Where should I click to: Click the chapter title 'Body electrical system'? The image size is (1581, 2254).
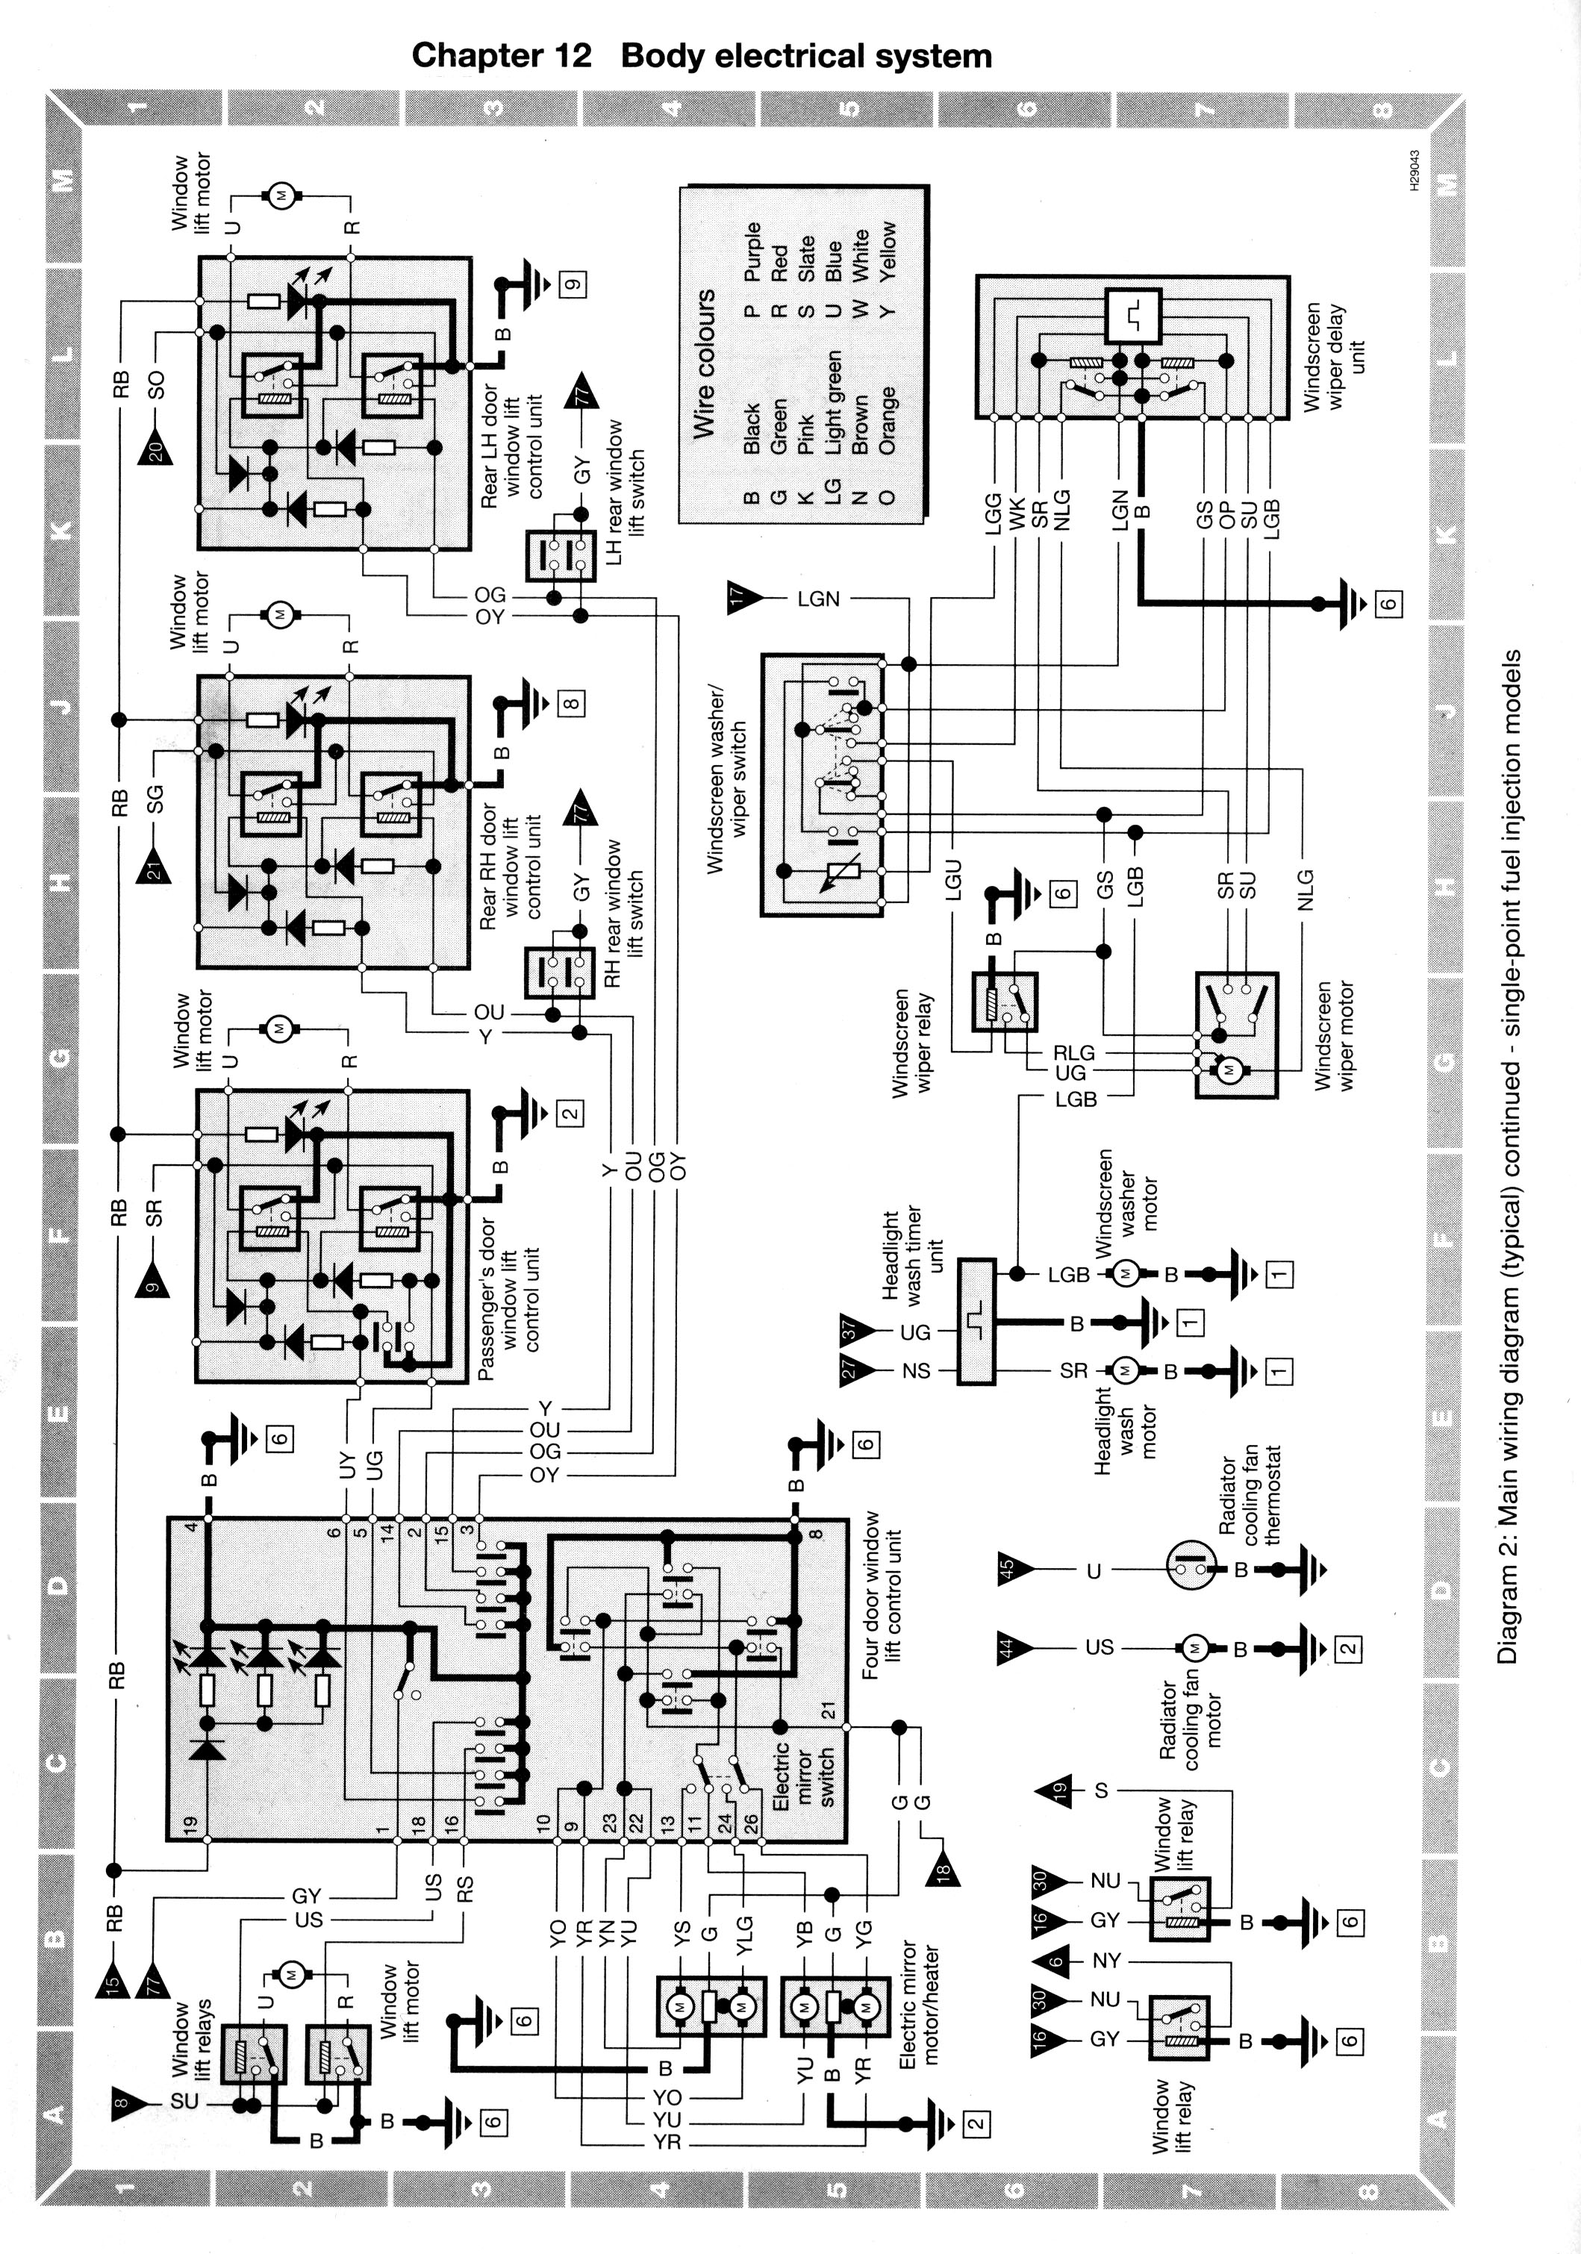(806, 55)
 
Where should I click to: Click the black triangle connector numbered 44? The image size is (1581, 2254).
(1014, 1648)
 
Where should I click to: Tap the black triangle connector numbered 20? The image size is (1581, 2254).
(156, 446)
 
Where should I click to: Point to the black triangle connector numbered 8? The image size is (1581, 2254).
(128, 2102)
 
